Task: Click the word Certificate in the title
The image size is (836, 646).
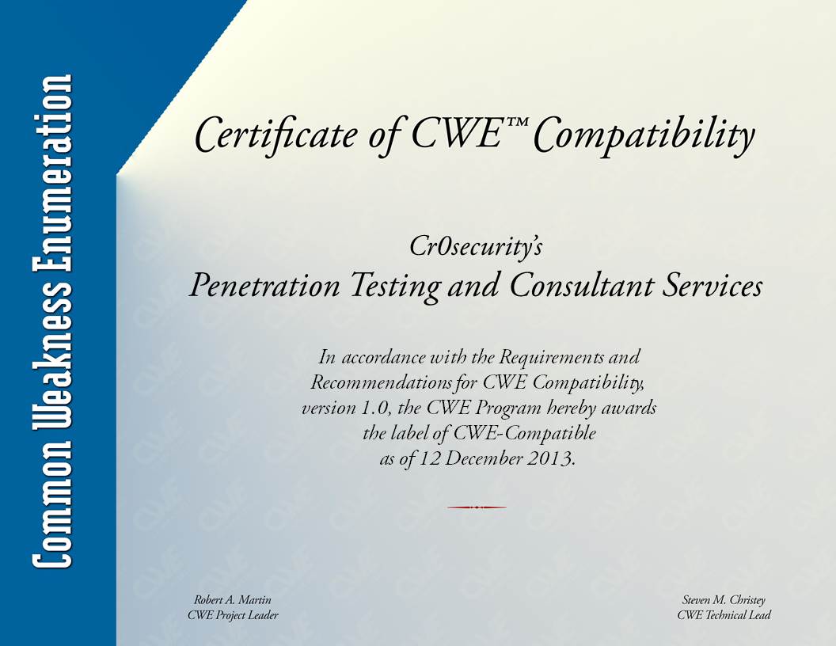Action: [x=275, y=135]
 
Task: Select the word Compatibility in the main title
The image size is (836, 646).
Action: [x=644, y=136]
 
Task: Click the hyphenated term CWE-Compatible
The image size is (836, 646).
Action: [x=525, y=433]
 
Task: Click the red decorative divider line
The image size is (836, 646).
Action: [x=477, y=507]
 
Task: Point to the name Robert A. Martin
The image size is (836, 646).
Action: [x=233, y=599]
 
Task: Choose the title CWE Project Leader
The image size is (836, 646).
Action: [x=233, y=616]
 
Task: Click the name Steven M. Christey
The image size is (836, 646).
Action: [x=724, y=600]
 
